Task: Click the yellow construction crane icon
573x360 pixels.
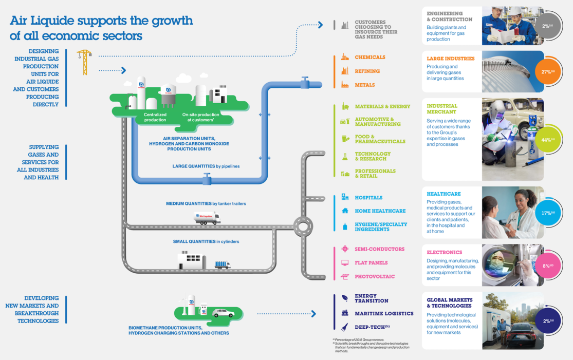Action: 84,61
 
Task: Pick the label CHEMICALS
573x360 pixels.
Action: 369,58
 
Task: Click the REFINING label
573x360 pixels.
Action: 367,71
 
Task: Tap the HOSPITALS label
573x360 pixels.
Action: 368,198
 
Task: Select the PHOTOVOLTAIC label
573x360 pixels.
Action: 375,277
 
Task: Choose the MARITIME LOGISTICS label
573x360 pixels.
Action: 384,313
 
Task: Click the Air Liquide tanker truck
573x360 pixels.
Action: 207,218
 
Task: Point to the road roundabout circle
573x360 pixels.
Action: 303,226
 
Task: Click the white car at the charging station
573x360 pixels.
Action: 223,313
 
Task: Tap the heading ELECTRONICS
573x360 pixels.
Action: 444,253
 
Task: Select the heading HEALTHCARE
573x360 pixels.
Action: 443,194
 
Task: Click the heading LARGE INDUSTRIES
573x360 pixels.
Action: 450,59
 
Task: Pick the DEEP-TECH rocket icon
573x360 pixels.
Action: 345,327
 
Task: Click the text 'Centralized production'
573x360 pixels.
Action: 155,117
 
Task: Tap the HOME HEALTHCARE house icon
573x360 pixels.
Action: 345,211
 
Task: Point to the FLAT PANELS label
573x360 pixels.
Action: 371,263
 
